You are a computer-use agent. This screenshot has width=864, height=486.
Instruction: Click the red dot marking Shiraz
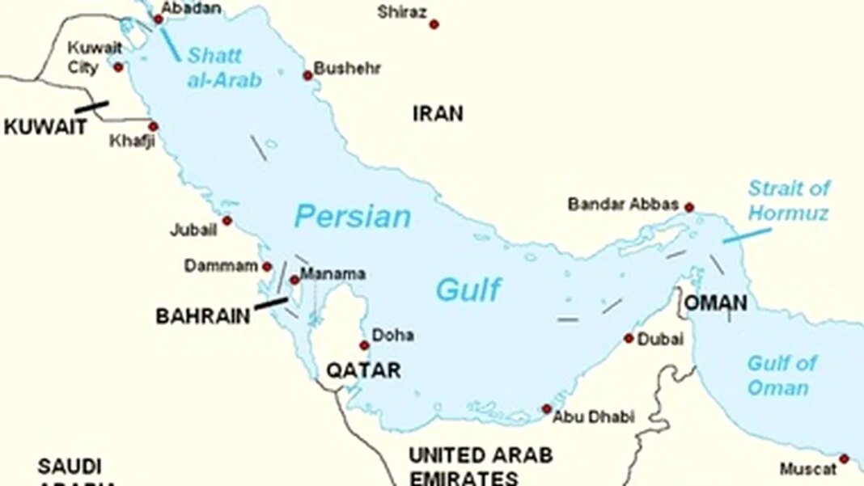pyautogui.click(x=434, y=24)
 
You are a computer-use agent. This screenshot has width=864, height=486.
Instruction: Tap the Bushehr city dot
pyautogui.click(x=307, y=76)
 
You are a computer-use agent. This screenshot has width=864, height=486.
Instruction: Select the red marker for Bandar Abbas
pyautogui.click(x=689, y=208)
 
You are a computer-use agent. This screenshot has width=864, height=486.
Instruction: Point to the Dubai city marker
pyautogui.click(x=629, y=338)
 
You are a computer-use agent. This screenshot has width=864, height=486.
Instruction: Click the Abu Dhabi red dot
pyautogui.click(x=547, y=409)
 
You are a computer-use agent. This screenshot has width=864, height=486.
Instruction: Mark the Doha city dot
pyautogui.click(x=364, y=345)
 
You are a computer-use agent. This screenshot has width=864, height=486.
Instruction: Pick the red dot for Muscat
pyautogui.click(x=844, y=459)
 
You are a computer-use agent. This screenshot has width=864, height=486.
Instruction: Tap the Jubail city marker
pyautogui.click(x=227, y=221)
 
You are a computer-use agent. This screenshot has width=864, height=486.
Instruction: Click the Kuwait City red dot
pyautogui.click(x=118, y=67)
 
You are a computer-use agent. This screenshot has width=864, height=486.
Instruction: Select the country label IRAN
pyautogui.click(x=438, y=113)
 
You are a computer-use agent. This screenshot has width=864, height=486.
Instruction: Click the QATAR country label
pyautogui.click(x=363, y=370)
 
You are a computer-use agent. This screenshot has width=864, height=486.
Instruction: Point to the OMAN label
pyautogui.click(x=716, y=304)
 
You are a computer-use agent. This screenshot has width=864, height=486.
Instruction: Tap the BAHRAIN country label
pyautogui.click(x=203, y=315)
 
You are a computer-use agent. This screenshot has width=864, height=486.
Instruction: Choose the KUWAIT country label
pyautogui.click(x=44, y=127)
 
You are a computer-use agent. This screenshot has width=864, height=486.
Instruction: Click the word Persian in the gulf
pyautogui.click(x=352, y=217)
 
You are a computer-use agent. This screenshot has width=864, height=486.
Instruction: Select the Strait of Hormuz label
pyautogui.click(x=789, y=201)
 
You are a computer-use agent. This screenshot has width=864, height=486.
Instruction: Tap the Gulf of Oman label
pyautogui.click(x=781, y=375)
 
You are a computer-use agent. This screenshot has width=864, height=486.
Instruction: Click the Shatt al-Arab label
pyautogui.click(x=224, y=68)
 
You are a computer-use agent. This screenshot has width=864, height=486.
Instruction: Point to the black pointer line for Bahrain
pyautogui.click(x=270, y=303)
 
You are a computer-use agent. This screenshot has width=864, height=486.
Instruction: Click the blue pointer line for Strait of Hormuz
pyautogui.click(x=746, y=235)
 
